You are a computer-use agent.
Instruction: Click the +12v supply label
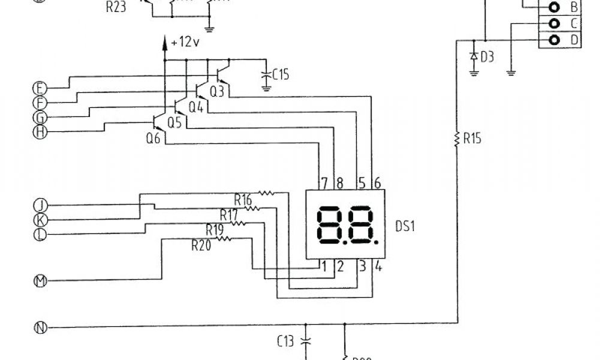184,42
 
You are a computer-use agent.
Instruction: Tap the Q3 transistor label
217,92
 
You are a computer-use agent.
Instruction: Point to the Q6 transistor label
153,137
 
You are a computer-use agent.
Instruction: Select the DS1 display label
405,226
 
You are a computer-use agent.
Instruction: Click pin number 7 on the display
324,182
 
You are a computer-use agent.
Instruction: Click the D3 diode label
487,58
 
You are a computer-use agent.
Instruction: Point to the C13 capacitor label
286,342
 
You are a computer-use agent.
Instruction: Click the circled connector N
40,328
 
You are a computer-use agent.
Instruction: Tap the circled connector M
40,280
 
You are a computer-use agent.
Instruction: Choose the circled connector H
40,132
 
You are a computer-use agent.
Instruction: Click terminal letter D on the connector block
574,40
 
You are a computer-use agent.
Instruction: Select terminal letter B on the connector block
574,8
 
